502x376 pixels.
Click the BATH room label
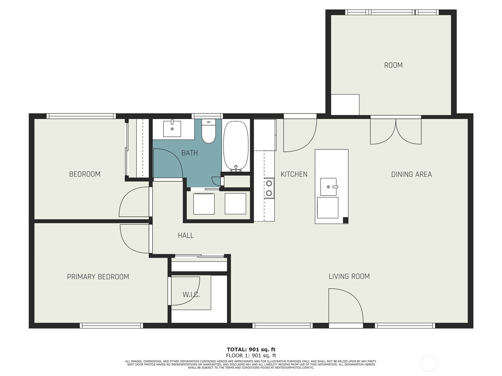coord(190,153)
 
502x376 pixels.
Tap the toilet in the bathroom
coord(208,132)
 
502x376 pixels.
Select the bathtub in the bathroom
coord(236,146)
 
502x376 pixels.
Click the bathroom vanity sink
coord(172,129)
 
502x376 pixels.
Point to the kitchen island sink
coord(328,187)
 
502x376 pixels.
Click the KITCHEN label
coord(294,174)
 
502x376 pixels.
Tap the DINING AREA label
coord(411,175)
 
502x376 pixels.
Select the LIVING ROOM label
coord(349,276)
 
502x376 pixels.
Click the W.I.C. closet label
coord(191,295)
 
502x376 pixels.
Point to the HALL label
coord(186,235)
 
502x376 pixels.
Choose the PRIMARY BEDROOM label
coord(98,277)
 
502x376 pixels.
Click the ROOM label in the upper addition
coord(393,65)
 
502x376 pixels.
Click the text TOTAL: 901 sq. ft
coord(251,349)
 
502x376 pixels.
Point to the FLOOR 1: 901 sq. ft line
coord(251,355)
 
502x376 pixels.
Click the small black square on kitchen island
coord(345,220)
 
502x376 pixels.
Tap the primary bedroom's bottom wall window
coord(111,326)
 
